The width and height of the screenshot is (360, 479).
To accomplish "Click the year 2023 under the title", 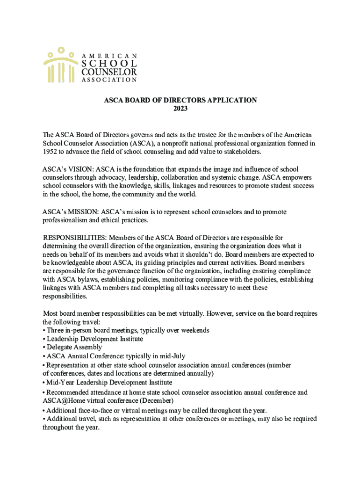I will point(180,109).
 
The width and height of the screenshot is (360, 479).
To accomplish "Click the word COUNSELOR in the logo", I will point(109,72).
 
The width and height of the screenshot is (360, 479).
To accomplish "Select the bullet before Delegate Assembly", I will point(44,347).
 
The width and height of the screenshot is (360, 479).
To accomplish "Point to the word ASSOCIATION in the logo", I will point(109,80).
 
